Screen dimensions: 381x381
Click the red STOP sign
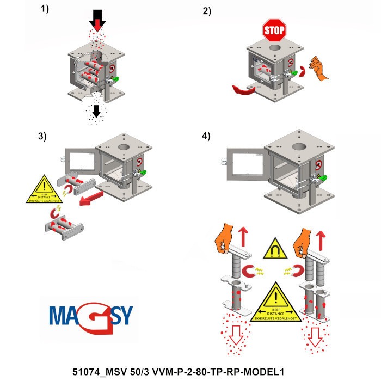coord(274,30)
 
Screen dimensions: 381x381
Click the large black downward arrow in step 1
coord(98,19)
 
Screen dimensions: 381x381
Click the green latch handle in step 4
coord(322,178)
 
